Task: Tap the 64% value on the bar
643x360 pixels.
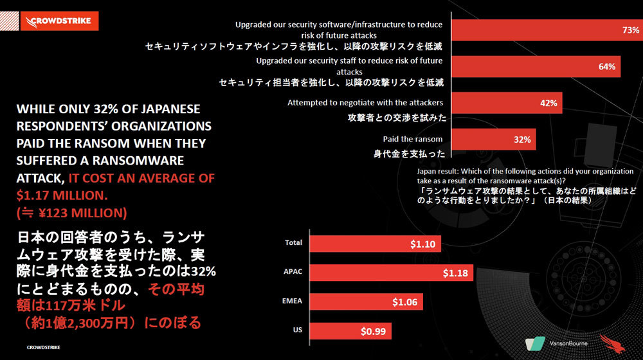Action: pyautogui.click(x=606, y=67)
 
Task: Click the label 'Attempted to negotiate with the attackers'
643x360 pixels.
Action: pyautogui.click(x=365, y=103)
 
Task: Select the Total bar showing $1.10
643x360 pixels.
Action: pyautogui.click(x=376, y=244)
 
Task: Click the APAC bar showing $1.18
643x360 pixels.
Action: pyautogui.click(x=391, y=273)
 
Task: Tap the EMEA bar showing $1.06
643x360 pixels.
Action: pyautogui.click(x=366, y=302)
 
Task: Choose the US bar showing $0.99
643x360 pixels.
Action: pyautogui.click(x=350, y=332)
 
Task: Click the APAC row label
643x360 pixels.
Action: pyautogui.click(x=293, y=271)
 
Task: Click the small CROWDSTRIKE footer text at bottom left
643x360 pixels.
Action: pyautogui.click(x=44, y=348)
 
